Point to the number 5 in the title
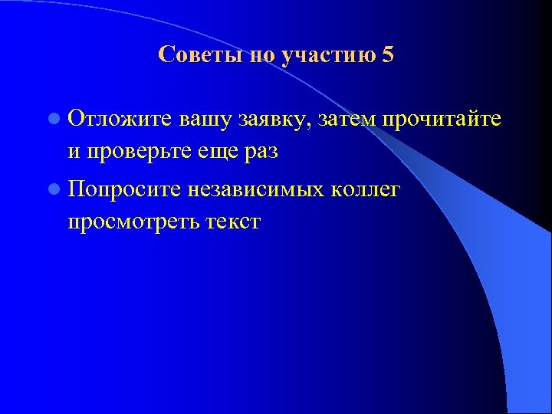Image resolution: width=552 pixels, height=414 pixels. [388, 55]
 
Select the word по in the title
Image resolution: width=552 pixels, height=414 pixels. [262, 55]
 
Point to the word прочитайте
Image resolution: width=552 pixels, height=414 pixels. [442, 120]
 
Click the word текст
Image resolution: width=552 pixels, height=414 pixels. [232, 222]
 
